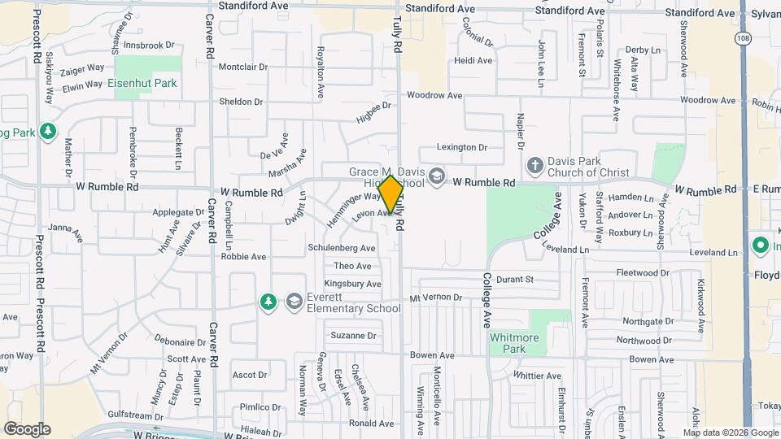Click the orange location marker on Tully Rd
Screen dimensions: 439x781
[390, 195]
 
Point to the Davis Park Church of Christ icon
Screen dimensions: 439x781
[534, 166]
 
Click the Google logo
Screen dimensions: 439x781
[27, 429]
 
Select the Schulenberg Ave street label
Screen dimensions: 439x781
[341, 248]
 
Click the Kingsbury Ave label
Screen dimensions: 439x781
[352, 284]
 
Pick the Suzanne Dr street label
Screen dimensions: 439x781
[353, 335]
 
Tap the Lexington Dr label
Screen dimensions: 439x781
[461, 148]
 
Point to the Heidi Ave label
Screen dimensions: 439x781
[473, 61]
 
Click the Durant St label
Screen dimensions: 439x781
[514, 279]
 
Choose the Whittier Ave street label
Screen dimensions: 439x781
[537, 376]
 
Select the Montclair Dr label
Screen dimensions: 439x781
[242, 67]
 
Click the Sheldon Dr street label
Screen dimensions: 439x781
[241, 102]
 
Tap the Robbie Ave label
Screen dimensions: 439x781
[243, 256]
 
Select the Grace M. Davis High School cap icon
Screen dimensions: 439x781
[437, 176]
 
